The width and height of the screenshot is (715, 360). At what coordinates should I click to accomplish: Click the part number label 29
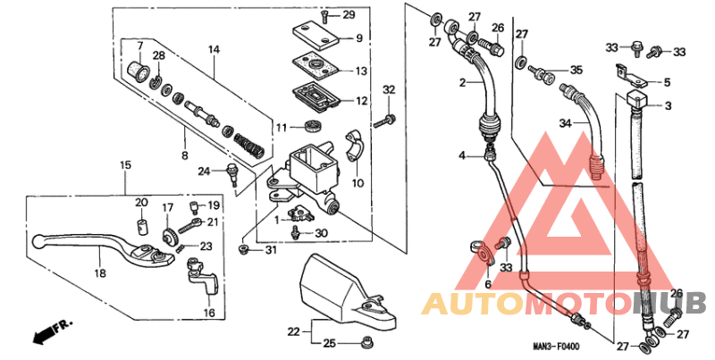pos(349,15)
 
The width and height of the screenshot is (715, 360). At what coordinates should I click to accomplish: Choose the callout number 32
pos(389,89)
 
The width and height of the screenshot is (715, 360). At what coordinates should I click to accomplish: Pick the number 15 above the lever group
pos(125,165)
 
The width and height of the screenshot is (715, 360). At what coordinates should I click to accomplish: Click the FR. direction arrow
pos(49,333)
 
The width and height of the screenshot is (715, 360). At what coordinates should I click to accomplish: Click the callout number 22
pos(292,331)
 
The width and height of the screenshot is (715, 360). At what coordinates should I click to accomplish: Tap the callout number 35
pos(576,70)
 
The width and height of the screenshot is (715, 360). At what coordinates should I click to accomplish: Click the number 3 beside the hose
pos(667,106)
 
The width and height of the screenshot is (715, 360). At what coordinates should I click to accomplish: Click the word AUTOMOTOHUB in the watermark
pos(563,304)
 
